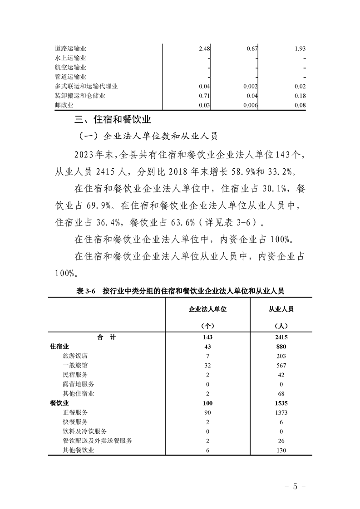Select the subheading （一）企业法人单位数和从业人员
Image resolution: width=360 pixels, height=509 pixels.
pos(149,136)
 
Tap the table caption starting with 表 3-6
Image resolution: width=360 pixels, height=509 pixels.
pos(181,291)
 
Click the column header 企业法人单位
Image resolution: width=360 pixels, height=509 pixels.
pos(207,309)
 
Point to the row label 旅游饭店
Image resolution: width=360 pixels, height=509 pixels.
pos(75,356)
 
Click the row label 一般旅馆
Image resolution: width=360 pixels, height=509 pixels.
pos(75,365)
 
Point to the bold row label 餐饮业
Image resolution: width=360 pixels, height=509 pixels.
pos(59,403)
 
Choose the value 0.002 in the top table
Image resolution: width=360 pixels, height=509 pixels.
pos(250,86)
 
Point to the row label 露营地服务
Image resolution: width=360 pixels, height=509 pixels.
pos(79,384)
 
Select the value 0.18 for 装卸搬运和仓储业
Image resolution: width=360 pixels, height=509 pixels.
pos(300,96)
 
